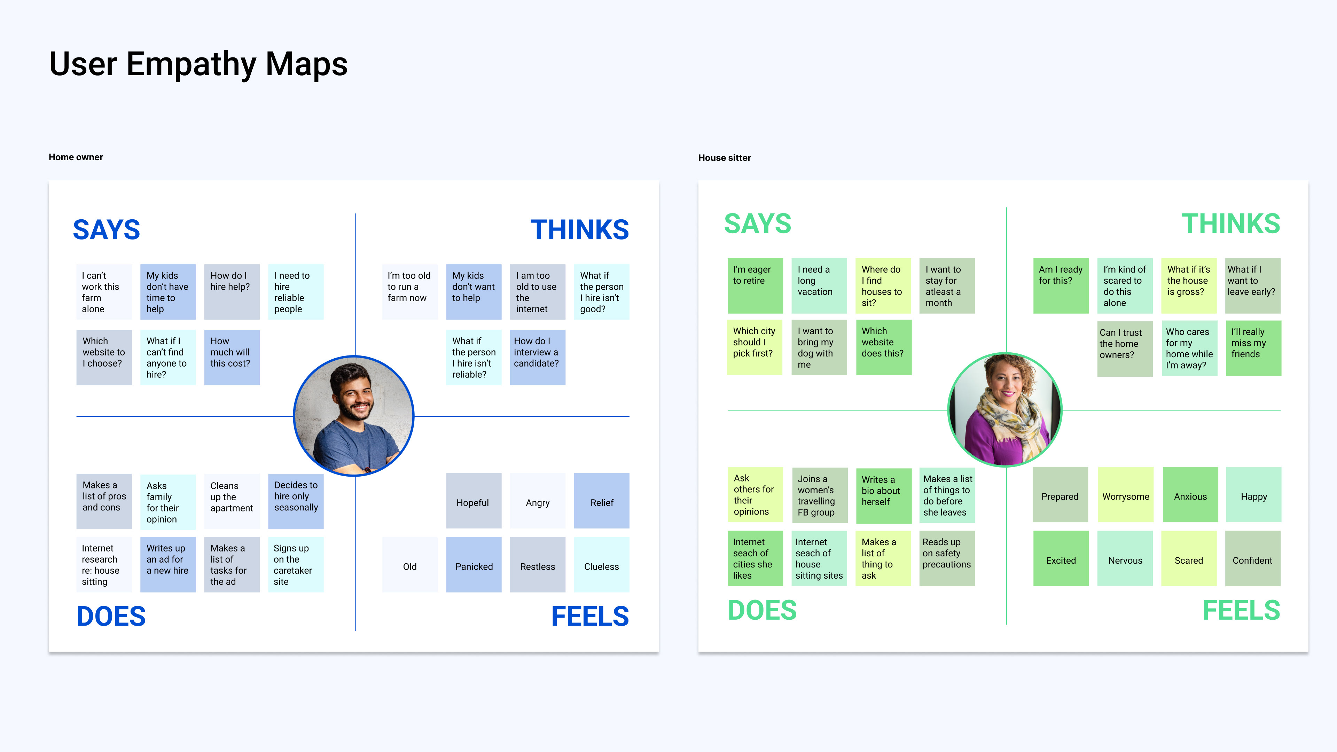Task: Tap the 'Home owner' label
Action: pos(76,157)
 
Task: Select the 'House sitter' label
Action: pos(724,158)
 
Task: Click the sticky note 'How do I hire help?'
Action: pos(232,292)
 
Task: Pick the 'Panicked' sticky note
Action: pos(474,565)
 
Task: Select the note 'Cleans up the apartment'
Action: pos(232,501)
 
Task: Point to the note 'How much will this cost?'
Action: pos(232,357)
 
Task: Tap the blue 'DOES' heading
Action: pos(111,616)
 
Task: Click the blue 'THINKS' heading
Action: pos(579,230)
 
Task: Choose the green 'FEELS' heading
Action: pos(1241,610)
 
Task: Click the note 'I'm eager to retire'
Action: pos(754,285)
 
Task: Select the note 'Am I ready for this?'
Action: pos(1060,285)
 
